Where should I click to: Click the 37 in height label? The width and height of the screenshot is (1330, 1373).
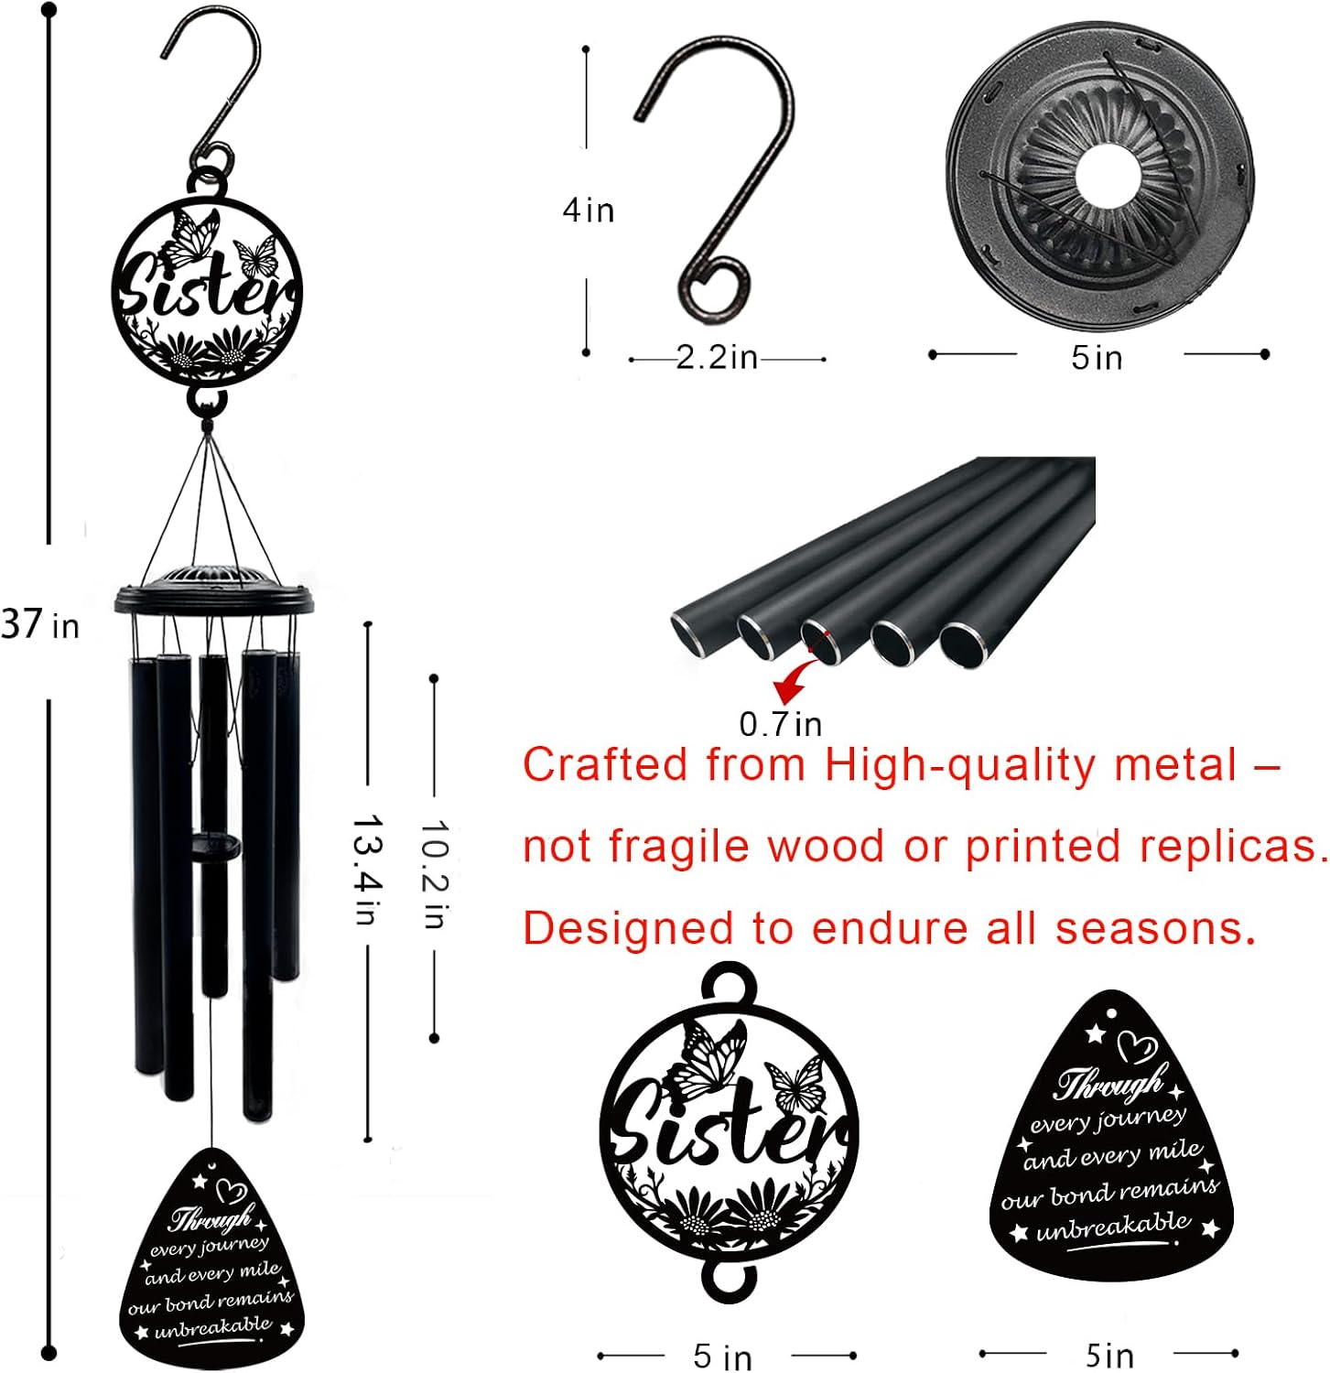coord(40,624)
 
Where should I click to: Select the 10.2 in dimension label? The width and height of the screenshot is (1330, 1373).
coord(434,874)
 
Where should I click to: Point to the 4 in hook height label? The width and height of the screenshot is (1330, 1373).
coord(588,211)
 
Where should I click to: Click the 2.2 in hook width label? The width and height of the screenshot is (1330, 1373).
coord(717,357)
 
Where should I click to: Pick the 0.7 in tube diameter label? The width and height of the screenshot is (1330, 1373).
coord(780,724)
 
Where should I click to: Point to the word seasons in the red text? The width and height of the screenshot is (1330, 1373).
coord(1155,928)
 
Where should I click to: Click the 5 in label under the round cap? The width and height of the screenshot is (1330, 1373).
coord(1097,357)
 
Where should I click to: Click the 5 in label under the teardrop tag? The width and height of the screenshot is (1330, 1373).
coord(1109,1354)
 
